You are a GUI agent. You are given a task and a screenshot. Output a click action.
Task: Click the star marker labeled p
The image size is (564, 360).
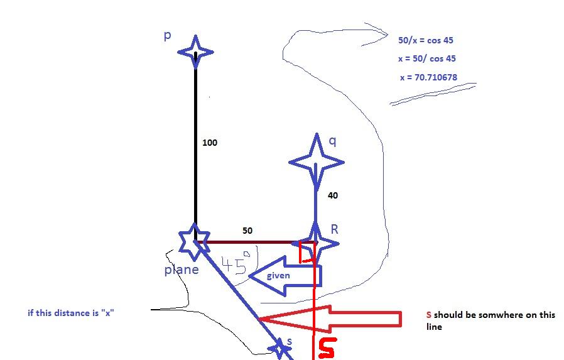(196, 52)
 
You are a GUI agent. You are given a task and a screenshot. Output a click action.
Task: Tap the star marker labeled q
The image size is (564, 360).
(317, 162)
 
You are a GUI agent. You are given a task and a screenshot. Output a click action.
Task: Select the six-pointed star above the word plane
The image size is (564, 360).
(194, 242)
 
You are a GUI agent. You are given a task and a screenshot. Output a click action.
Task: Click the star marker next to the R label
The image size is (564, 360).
(315, 244)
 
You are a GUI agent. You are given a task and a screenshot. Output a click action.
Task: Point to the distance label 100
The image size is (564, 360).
(210, 143)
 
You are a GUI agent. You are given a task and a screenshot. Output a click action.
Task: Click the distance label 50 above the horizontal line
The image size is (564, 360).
(247, 231)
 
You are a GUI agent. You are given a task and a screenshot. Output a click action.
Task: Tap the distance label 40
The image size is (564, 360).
(333, 195)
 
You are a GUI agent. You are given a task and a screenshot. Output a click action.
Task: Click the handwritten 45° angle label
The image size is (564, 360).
(236, 264)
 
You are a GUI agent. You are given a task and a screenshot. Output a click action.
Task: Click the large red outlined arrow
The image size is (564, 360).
(330, 319)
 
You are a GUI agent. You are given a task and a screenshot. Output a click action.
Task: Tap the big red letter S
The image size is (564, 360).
(327, 348)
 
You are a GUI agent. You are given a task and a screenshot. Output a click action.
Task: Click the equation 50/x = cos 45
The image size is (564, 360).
(426, 40)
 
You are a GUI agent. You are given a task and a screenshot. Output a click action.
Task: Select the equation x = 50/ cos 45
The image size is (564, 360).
(427, 58)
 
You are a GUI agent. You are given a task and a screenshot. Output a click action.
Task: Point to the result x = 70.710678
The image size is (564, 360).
(428, 77)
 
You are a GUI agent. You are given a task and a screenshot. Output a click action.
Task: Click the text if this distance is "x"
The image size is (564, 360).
(71, 313)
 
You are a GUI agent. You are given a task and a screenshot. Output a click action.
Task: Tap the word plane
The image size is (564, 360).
(182, 270)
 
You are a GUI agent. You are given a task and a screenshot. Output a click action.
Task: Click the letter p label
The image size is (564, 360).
(168, 36)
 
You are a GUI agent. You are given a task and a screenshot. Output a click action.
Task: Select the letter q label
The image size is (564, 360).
(333, 141)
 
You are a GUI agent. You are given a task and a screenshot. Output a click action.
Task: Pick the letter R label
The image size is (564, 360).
(335, 229)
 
